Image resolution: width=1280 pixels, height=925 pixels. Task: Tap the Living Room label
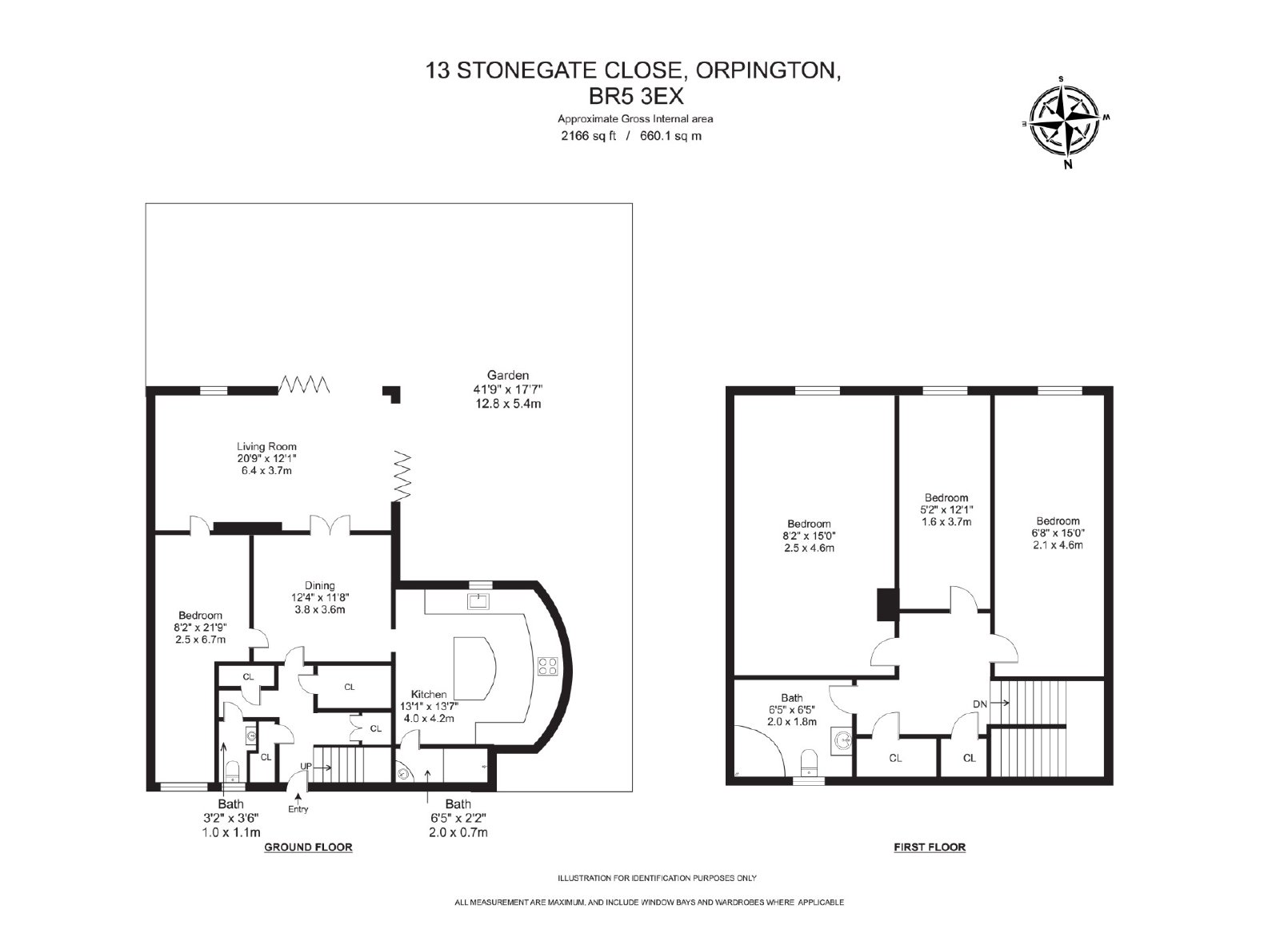(x=267, y=447)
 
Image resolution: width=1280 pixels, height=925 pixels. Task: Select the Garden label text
(x=507, y=375)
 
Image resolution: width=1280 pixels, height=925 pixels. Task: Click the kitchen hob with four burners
(x=547, y=666)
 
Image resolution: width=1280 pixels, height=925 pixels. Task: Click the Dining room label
(x=319, y=585)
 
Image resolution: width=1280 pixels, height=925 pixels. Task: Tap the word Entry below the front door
(x=298, y=809)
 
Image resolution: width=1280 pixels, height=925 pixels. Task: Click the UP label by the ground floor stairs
(x=306, y=766)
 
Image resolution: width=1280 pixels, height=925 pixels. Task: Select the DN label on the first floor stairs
(x=979, y=704)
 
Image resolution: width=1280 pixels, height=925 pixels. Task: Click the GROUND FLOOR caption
(x=308, y=847)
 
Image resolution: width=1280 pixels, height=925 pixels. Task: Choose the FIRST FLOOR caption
(x=930, y=847)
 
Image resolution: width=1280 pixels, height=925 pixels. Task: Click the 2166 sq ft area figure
(x=589, y=136)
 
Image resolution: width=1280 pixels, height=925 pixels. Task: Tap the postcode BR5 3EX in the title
(x=636, y=97)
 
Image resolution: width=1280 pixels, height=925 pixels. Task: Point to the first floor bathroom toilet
(x=810, y=764)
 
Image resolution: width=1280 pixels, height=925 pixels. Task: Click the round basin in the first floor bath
(x=843, y=740)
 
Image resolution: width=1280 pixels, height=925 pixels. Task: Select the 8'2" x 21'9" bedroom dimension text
(x=201, y=628)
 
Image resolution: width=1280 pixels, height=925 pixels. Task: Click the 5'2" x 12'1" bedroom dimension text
(x=946, y=509)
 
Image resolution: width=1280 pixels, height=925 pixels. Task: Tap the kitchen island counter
(x=475, y=668)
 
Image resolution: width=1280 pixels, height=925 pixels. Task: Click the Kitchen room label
(x=429, y=694)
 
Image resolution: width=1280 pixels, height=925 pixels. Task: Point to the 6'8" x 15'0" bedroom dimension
(x=1058, y=532)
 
